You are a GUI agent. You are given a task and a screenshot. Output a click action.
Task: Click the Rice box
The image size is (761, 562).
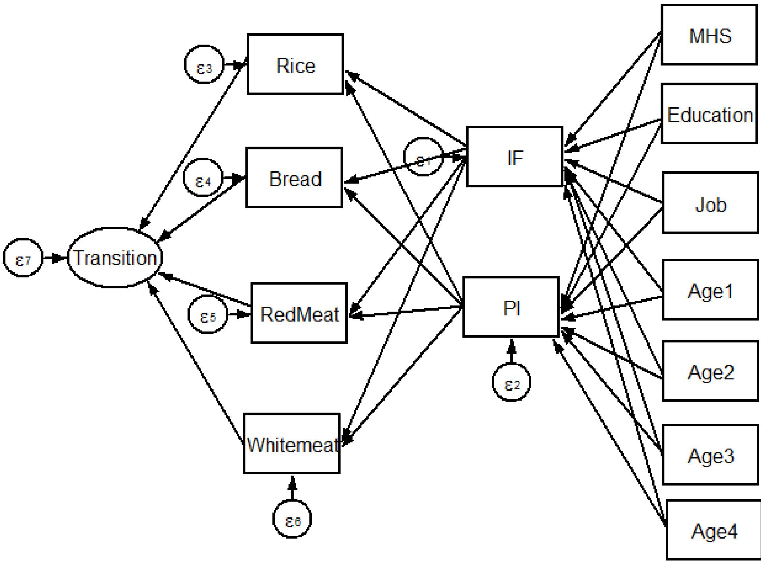coord(295,64)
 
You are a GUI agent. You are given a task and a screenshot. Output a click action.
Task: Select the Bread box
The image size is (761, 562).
coord(294,178)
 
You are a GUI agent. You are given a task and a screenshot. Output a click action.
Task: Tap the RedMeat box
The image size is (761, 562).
coord(299,313)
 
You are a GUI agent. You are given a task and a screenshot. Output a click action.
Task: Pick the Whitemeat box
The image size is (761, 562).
coord(292,444)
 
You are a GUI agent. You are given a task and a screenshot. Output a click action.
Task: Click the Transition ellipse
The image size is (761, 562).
coord(115,258)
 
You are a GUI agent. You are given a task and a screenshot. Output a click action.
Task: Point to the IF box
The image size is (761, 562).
coord(514,157)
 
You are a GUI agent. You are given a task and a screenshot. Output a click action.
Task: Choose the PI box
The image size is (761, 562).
coord(511,307)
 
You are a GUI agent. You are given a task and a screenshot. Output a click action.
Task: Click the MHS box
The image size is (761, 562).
coord(709,35)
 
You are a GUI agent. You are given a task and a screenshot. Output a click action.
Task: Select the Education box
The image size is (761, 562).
coord(709,114)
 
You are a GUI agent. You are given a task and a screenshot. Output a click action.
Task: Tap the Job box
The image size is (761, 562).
coord(710,203)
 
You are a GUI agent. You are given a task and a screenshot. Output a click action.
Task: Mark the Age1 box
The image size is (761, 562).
coord(710,290)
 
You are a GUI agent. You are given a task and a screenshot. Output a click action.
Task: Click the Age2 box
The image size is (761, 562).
coord(710,371)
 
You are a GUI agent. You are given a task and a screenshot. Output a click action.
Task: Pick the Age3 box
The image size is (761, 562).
coord(710,455)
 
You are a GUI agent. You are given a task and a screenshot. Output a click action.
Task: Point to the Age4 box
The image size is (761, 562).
coord(714,530)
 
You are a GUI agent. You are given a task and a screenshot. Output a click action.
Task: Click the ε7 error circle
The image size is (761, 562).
coord(23,258)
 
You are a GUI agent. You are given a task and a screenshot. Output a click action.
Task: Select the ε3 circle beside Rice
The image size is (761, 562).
coord(204,64)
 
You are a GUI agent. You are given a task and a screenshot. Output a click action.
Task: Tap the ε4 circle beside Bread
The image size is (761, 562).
coord(203,178)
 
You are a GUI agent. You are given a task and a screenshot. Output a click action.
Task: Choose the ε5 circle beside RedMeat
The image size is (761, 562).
coord(208,315)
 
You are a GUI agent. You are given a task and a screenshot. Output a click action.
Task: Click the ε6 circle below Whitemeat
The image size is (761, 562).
coord(292,519)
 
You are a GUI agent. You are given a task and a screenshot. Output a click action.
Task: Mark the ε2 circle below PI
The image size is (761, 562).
coord(512,382)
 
